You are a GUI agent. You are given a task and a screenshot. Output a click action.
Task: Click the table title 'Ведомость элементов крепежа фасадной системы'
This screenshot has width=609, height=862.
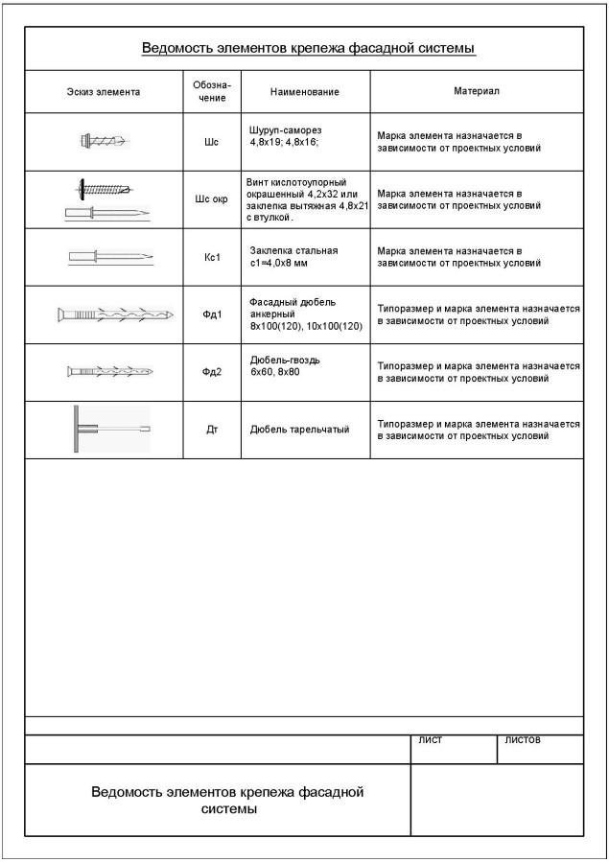tap(309, 48)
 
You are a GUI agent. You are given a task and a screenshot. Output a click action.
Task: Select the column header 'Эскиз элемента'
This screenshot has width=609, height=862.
tap(104, 92)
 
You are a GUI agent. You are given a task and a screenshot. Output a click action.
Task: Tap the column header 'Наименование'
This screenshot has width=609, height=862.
tap(305, 92)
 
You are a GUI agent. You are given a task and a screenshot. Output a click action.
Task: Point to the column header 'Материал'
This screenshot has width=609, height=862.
tap(476, 91)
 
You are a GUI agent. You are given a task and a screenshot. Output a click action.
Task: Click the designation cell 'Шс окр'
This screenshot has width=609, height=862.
tap(212, 199)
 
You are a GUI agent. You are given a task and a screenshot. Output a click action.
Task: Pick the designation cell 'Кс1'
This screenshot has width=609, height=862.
tap(212, 257)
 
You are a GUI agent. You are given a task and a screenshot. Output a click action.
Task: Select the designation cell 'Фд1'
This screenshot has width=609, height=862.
tap(212, 315)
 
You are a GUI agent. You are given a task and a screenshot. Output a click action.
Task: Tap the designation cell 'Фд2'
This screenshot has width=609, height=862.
tap(212, 372)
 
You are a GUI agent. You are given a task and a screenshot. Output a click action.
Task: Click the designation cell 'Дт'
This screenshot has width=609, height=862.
tap(212, 430)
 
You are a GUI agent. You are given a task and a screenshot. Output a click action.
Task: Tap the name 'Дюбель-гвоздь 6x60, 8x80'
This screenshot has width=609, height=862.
tap(285, 365)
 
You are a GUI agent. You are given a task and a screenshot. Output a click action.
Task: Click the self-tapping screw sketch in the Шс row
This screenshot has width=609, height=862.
tap(104, 142)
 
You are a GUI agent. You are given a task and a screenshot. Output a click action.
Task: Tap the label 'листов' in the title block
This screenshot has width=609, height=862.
tap(522, 740)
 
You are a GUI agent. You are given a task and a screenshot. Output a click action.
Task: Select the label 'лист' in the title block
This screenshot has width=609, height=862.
tap(431, 740)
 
